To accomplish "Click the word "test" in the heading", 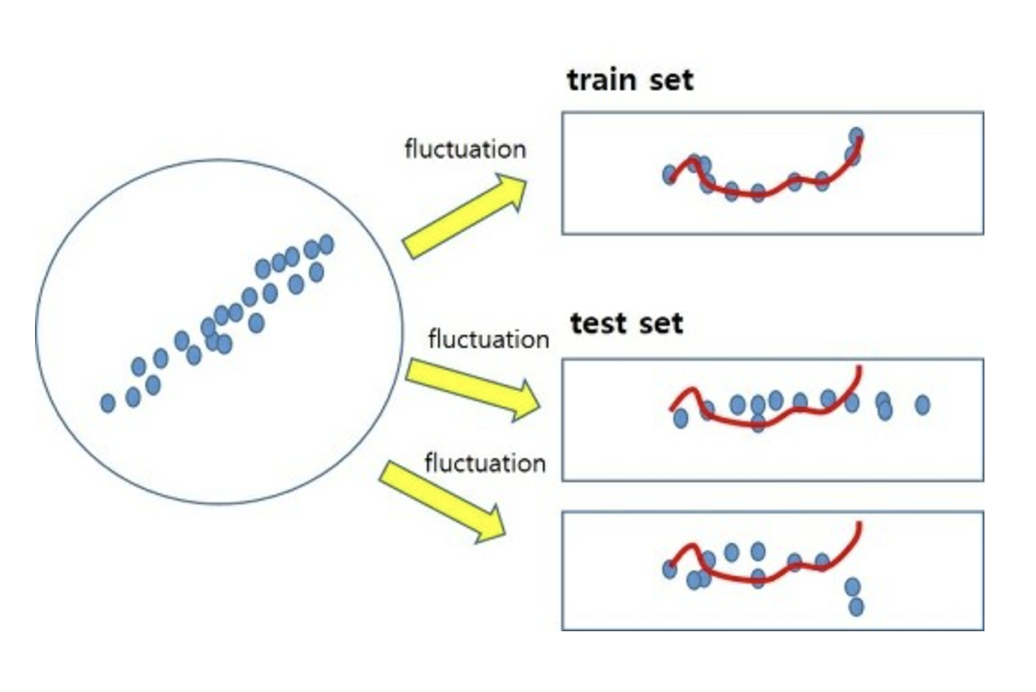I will [599, 324].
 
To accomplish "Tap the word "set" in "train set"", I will [669, 80].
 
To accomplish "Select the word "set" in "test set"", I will [659, 324].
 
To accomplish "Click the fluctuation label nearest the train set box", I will [465, 148].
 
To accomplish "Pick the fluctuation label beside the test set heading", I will [488, 339].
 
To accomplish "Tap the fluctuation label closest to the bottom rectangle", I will [485, 462].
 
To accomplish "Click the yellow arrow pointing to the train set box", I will [465, 216].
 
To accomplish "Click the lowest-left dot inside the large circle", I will [108, 402].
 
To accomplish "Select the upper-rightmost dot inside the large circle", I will [326, 243].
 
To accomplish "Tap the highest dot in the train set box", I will [857, 136].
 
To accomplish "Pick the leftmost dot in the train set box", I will [670, 175].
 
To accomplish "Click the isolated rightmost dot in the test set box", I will [922, 405].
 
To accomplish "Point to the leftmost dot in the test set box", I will [680, 419].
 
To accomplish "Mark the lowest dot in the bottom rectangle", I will [856, 606].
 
